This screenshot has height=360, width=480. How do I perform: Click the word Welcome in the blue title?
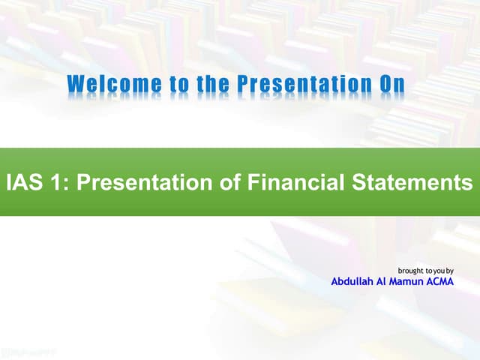point(112,85)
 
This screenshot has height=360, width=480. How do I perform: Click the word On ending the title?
point(392,85)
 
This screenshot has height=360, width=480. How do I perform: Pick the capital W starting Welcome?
point(76,85)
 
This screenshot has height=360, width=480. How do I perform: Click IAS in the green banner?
point(22,182)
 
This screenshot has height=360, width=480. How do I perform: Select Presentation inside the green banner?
point(138,182)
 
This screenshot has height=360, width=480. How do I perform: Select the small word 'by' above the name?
point(451,270)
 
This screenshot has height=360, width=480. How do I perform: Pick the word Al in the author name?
point(388,282)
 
